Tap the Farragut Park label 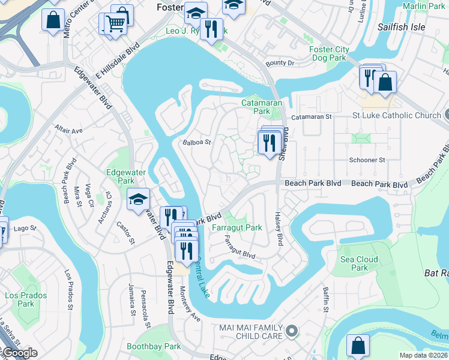tap(237, 227)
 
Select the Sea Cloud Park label tap(359, 263)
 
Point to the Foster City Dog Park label tap(328, 53)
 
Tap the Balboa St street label tap(197, 143)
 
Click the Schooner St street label tap(367, 160)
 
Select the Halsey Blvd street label tap(279, 229)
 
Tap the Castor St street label tap(125, 233)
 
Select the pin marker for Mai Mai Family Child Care tap(292, 331)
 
